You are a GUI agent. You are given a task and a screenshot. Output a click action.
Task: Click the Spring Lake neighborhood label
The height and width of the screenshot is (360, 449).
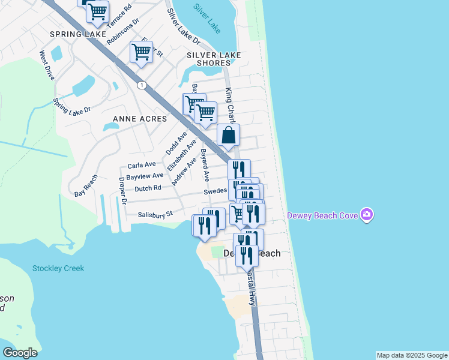coord(78,35)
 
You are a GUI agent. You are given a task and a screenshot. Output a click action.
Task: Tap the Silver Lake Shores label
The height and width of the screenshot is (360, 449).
coord(214,59)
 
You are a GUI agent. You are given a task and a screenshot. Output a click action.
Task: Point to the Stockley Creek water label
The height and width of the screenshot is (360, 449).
coord(58,268)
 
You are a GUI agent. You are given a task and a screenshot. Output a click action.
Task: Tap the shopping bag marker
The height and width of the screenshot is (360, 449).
coord(229,136)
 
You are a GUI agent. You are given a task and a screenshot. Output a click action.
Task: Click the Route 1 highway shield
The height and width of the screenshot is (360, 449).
coord(140,85)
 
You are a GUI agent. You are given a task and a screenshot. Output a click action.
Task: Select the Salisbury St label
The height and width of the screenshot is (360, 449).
coord(155,214)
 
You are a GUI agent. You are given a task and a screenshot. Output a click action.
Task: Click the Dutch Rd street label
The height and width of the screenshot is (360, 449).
coord(148,188)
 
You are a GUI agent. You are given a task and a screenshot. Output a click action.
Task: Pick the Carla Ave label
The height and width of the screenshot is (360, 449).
coord(142,164)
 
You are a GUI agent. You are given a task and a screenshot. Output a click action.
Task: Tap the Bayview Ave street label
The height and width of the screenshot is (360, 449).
coord(145,176)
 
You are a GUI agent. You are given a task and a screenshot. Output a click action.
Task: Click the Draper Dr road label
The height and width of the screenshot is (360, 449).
coord(122,191)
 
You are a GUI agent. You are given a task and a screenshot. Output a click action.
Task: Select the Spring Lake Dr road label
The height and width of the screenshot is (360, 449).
coord(71,106)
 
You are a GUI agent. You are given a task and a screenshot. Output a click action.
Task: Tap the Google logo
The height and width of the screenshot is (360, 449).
coord(20,353)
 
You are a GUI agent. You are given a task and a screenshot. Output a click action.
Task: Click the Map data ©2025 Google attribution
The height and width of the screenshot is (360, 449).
coord(412,355)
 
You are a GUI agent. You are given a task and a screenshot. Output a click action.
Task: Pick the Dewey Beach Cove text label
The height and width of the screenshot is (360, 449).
coord(322,215)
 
